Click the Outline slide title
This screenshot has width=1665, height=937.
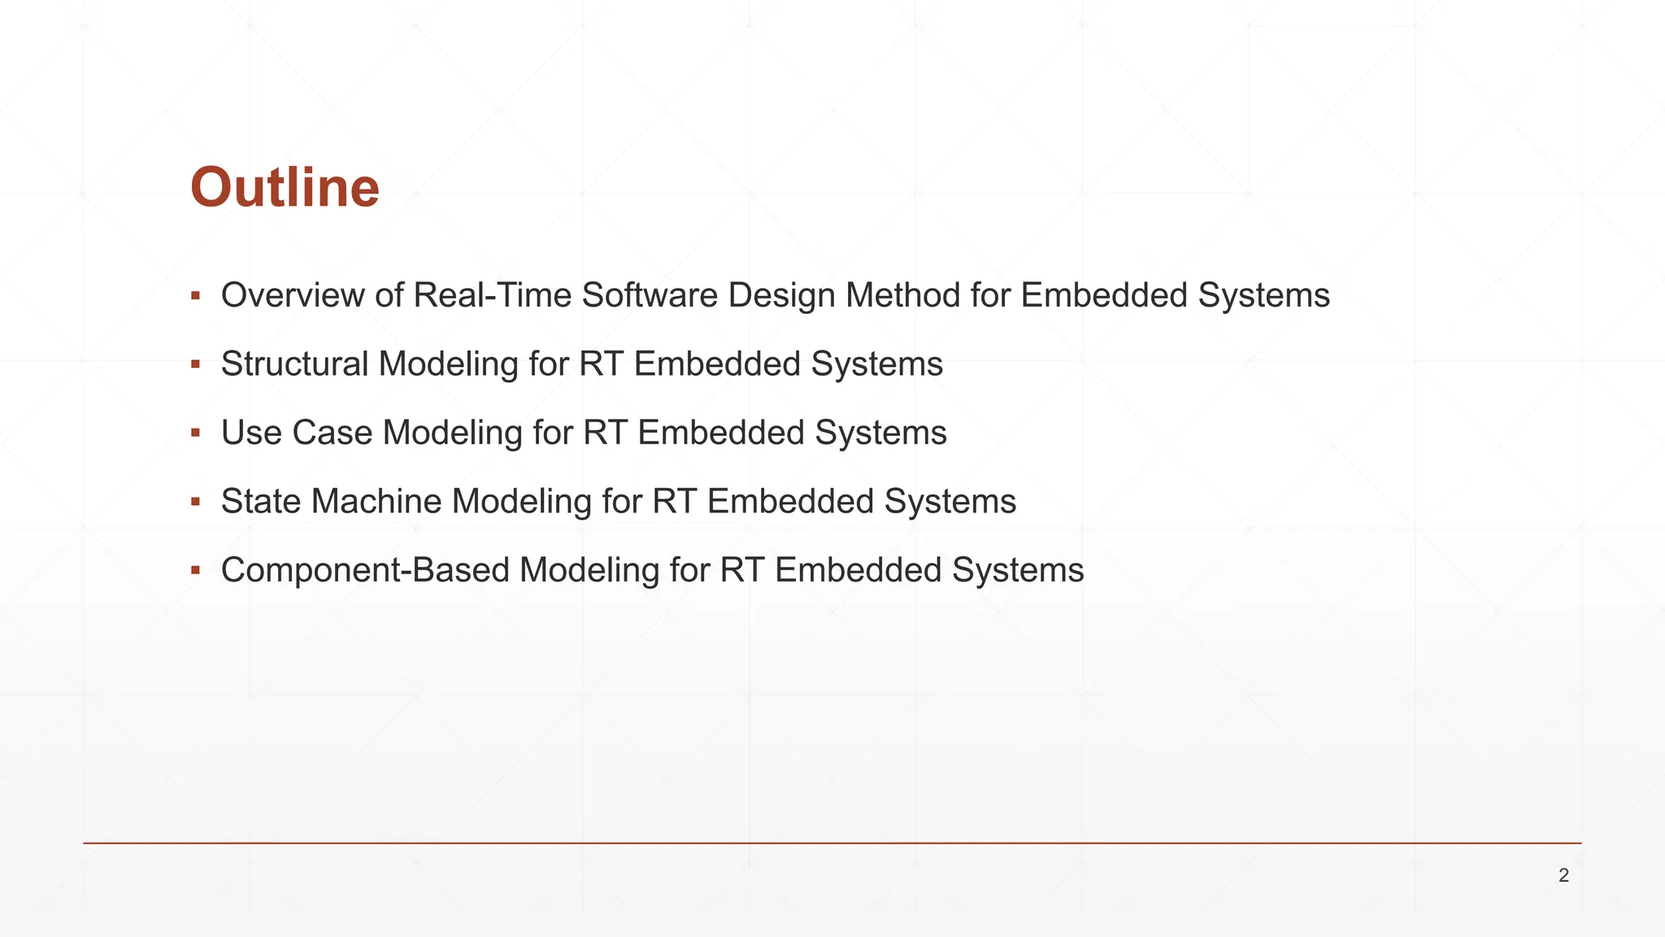tap(285, 188)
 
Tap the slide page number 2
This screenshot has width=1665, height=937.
tap(1563, 876)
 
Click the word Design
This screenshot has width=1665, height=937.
tap(781, 295)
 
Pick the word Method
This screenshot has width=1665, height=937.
tap(902, 295)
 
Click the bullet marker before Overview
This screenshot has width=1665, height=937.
tap(195, 295)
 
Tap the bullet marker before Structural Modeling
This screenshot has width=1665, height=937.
tap(195, 364)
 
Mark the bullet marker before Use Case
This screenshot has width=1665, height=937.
tap(195, 433)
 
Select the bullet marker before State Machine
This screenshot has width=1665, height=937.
tap(195, 502)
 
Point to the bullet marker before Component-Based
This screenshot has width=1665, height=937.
tap(195, 570)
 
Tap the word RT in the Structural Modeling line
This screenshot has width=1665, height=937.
tap(601, 364)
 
